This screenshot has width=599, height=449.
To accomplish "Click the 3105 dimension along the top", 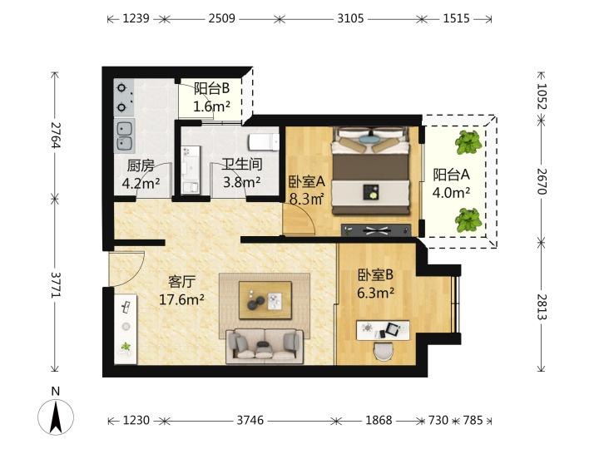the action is pyautogui.click(x=350, y=18).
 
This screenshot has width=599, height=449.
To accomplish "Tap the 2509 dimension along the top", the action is pyautogui.click(x=221, y=18).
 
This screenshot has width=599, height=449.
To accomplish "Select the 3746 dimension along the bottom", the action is pyautogui.click(x=250, y=421).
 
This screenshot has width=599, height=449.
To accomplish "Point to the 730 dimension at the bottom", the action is pyautogui.click(x=438, y=421).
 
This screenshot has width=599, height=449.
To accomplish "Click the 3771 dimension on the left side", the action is pyautogui.click(x=56, y=285).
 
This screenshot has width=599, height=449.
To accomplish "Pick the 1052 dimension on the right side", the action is pyautogui.click(x=542, y=96).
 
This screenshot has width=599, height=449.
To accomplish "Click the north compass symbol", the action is pyautogui.click(x=56, y=413).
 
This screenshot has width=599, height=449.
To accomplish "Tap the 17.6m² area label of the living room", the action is pyautogui.click(x=181, y=300).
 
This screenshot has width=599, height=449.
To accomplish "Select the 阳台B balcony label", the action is pyautogui.click(x=211, y=88).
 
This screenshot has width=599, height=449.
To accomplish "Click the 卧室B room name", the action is pyautogui.click(x=375, y=275).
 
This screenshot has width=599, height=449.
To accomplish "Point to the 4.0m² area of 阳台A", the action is pyautogui.click(x=451, y=193).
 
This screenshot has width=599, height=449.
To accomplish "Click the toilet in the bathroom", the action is pyautogui.click(x=264, y=141).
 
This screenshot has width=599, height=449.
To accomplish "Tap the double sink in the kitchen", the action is pyautogui.click(x=124, y=136).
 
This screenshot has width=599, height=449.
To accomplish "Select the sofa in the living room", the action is pyautogui.click(x=265, y=346).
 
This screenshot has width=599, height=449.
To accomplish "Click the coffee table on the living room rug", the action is pyautogui.click(x=265, y=300).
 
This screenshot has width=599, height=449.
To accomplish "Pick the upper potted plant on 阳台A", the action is pyautogui.click(x=468, y=142).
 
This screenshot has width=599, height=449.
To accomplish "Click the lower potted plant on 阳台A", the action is pyautogui.click(x=468, y=220).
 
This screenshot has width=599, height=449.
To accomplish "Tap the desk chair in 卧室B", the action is pyautogui.click(x=384, y=352).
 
